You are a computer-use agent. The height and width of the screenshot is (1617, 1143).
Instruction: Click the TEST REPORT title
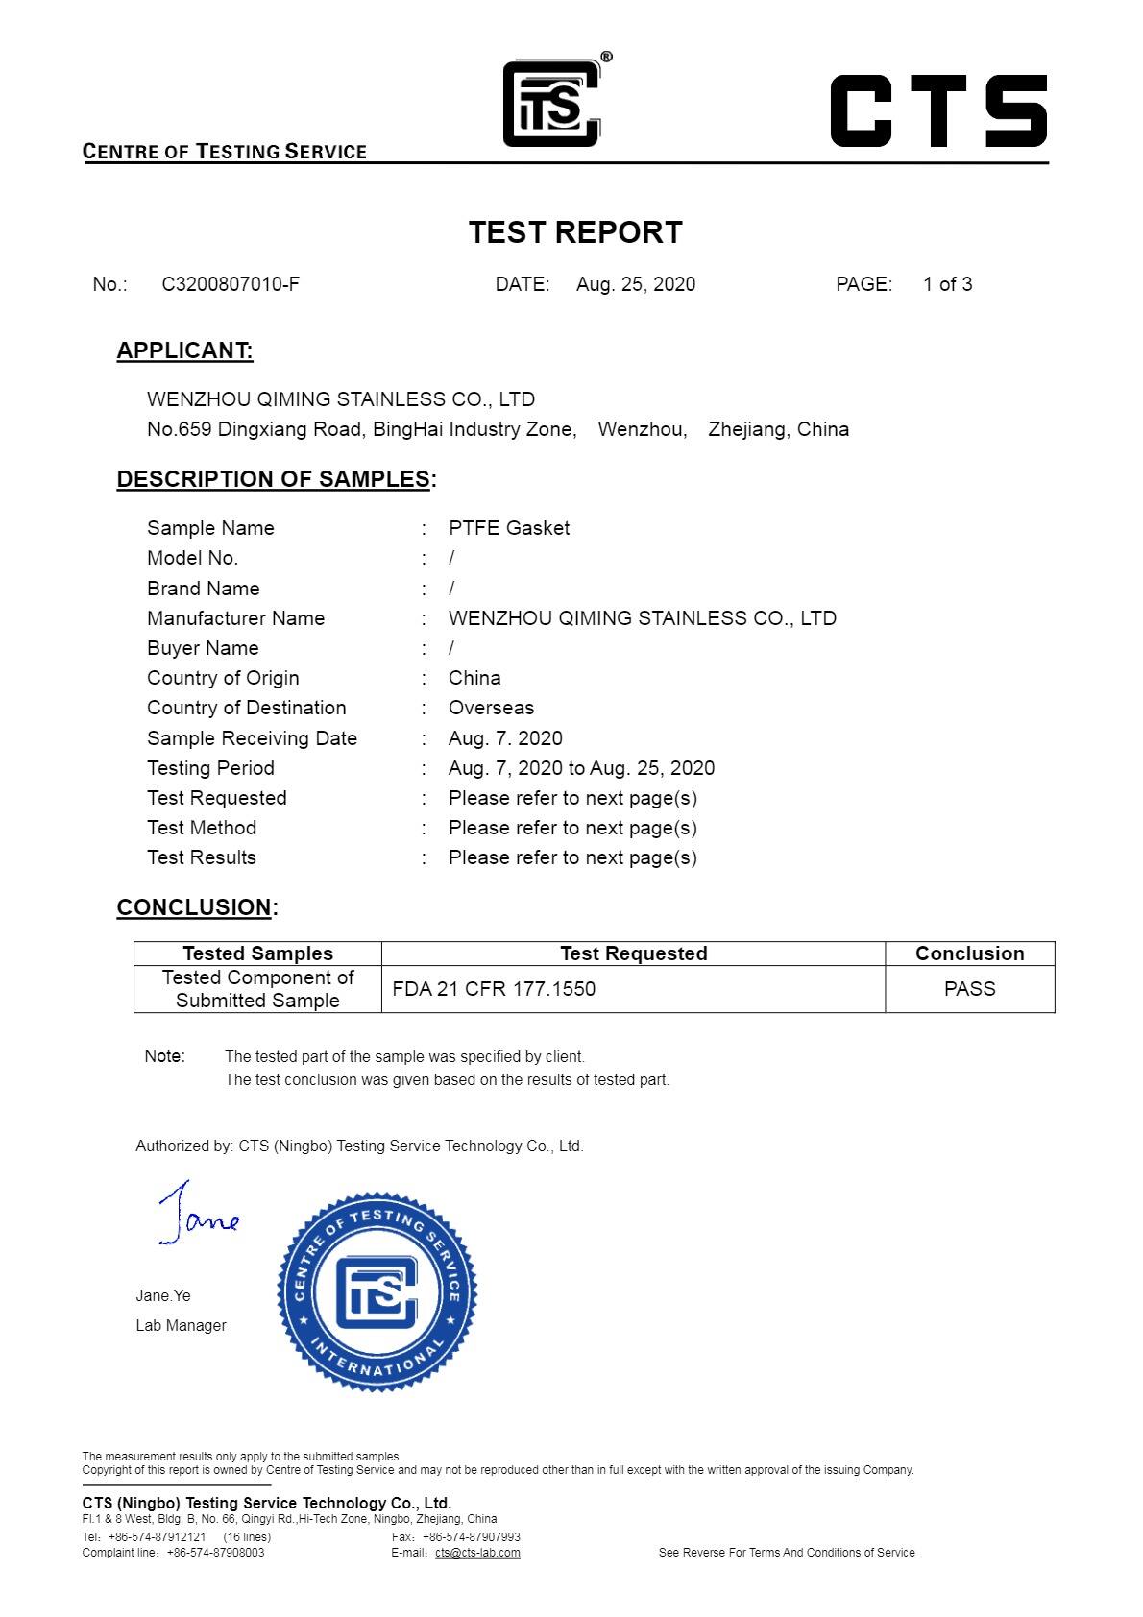[x=575, y=232]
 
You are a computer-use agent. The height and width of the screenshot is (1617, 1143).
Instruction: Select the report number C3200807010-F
[x=231, y=284]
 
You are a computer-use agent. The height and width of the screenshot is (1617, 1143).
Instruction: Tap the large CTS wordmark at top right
[x=937, y=110]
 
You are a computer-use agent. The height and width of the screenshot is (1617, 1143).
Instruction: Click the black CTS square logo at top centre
[x=552, y=104]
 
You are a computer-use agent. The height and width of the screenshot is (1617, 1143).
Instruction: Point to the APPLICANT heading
[x=184, y=350]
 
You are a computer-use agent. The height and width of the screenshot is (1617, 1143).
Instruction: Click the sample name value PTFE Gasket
[x=509, y=528]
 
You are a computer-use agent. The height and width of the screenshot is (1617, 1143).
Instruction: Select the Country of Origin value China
[x=474, y=678]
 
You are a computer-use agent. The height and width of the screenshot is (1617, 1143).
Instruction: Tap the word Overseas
[x=491, y=708]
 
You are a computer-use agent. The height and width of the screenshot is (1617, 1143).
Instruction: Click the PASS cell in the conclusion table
[x=969, y=989]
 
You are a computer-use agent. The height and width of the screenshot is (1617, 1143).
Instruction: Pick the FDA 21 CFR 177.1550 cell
[x=494, y=989]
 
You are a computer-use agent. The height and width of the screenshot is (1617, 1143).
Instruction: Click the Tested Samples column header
[x=257, y=953]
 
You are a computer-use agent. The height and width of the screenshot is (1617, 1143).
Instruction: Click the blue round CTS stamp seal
[x=377, y=1292]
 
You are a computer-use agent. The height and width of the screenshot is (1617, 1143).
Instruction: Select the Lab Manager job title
[x=181, y=1325]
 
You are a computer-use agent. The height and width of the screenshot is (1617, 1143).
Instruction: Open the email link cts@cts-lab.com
[x=477, y=1553]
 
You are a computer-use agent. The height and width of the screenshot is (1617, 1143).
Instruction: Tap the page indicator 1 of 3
[x=947, y=284]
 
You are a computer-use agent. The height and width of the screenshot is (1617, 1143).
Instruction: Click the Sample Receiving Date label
[x=252, y=738]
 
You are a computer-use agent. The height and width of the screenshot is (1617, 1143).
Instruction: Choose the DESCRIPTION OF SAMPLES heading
[x=273, y=479]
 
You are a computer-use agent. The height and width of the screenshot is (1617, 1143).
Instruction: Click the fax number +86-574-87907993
[x=471, y=1537]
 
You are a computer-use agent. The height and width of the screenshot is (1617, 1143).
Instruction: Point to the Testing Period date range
[x=581, y=768]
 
